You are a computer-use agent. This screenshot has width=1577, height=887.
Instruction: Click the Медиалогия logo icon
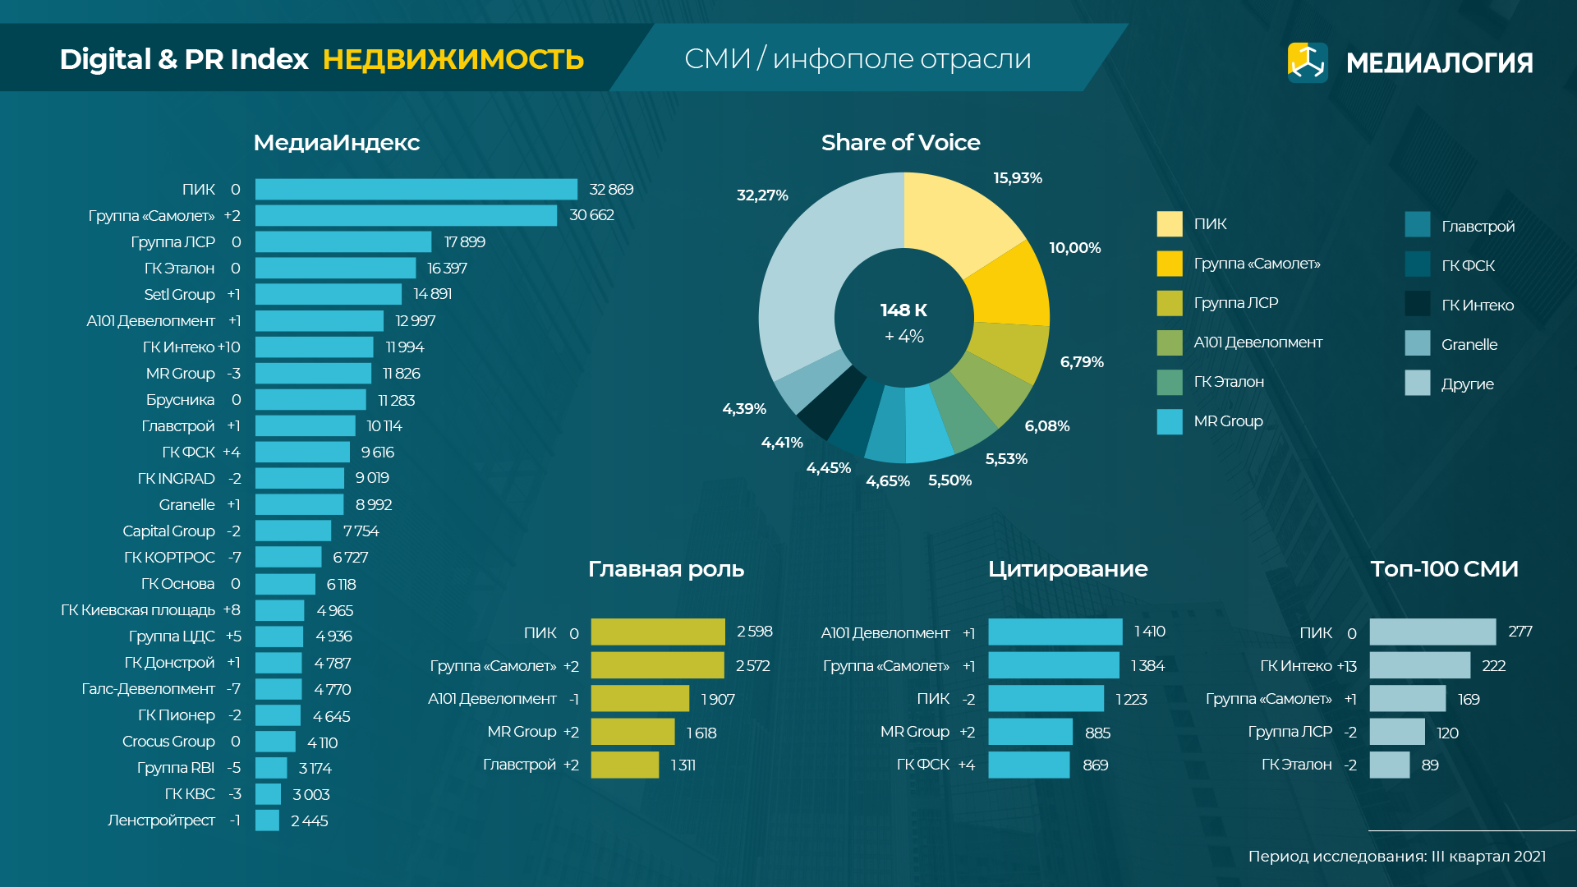1308,62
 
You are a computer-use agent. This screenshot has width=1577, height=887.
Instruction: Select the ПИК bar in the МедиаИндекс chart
416,190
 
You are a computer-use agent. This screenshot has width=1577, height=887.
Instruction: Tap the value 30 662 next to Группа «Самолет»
591,215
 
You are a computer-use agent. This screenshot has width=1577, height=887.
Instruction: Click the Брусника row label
180,400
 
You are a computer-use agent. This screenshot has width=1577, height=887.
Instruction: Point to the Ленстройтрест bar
267,820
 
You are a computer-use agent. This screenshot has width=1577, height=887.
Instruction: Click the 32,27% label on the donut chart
762,195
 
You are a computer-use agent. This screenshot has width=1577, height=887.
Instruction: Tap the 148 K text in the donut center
903,310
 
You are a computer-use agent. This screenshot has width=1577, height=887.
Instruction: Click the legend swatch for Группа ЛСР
1170,303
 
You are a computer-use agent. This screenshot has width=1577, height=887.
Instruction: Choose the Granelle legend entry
1469,345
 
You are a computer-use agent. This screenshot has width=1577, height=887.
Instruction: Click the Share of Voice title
900,143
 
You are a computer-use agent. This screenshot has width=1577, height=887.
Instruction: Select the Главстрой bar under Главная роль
624,765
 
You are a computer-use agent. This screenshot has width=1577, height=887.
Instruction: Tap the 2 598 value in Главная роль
754,632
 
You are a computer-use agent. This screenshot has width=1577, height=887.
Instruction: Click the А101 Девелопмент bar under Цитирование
1055,632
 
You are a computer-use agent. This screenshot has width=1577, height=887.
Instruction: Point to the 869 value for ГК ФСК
1096,765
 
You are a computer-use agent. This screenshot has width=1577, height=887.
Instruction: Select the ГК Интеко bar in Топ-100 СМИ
1419,665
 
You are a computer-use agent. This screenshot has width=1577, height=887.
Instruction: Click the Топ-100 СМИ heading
1444,569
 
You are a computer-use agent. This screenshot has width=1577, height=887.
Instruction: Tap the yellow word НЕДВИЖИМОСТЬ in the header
453,59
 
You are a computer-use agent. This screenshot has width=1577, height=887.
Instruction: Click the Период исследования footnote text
1396,857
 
